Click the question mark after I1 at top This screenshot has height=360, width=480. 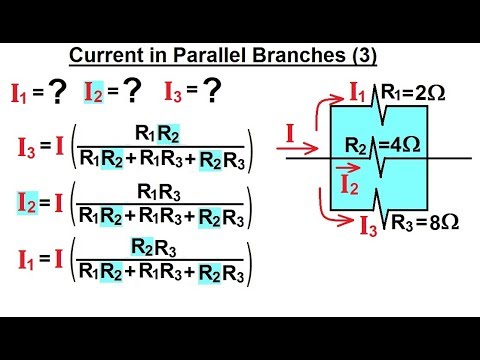58,92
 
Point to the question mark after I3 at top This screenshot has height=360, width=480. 212,92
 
